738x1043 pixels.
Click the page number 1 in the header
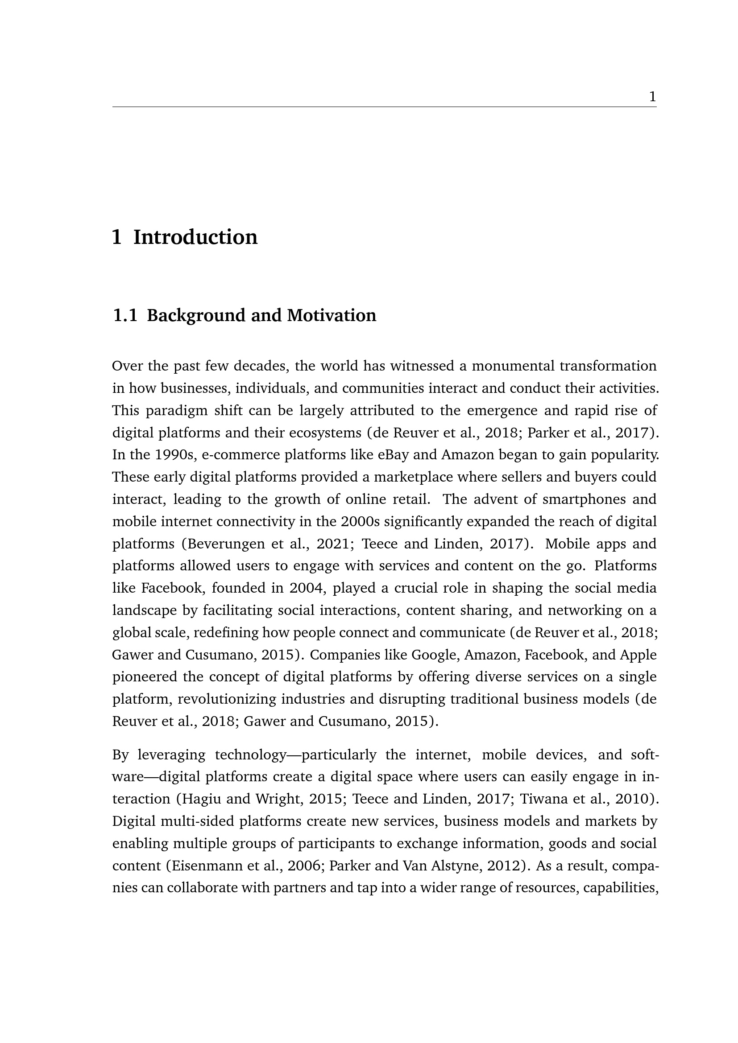pos(653,97)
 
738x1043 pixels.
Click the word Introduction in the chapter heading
pos(195,237)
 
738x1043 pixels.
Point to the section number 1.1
pos(124,315)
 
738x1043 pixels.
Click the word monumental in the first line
pos(511,366)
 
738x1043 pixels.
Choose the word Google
pos(435,655)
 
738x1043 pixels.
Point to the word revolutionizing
pos(226,699)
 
